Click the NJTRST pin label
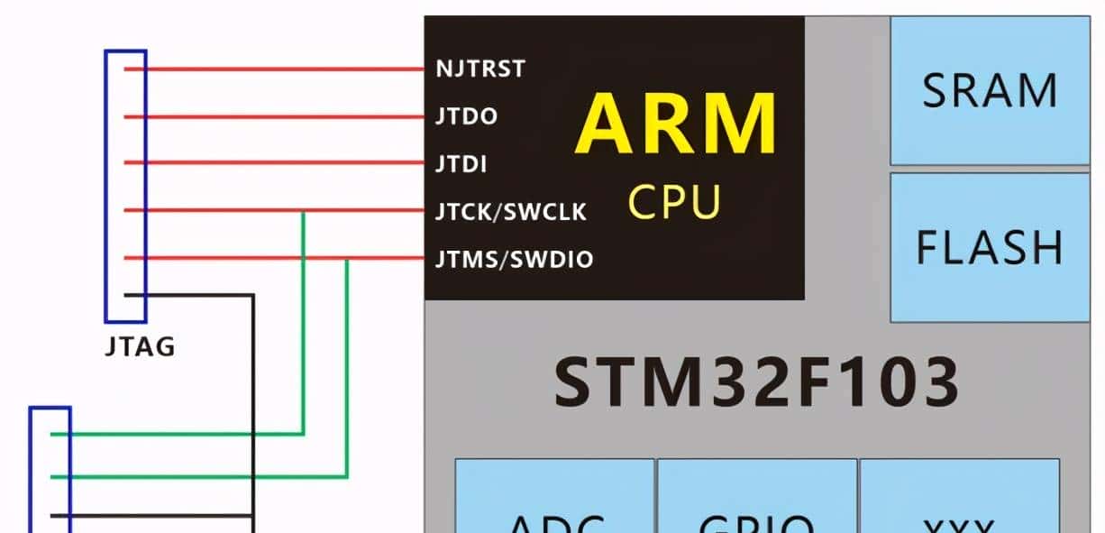pyautogui.click(x=479, y=69)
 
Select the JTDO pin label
pyautogui.click(x=465, y=116)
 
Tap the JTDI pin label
pyautogui.click(x=461, y=164)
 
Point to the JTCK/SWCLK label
pyautogui.click(x=510, y=212)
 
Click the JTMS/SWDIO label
pyautogui.click(x=514, y=260)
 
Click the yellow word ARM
pyautogui.click(x=676, y=125)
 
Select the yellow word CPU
pyautogui.click(x=674, y=203)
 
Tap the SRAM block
pyautogui.click(x=989, y=90)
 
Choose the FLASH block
pyautogui.click(x=989, y=247)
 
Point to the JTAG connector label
pyautogui.click(x=140, y=346)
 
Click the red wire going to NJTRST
pyautogui.click(x=279, y=69)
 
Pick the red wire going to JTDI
pyautogui.click(x=279, y=163)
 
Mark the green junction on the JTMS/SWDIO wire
pyautogui.click(x=347, y=260)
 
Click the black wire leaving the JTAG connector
pyautogui.click(x=198, y=295)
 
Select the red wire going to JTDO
pyautogui.click(x=279, y=116)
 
